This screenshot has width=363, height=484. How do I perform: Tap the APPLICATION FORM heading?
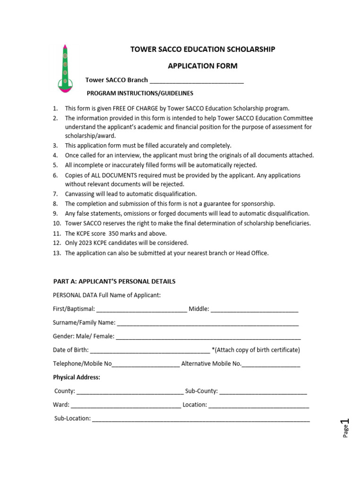pyautogui.click(x=203, y=66)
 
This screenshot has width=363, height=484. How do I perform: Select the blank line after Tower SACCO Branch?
pyautogui.click(x=197, y=81)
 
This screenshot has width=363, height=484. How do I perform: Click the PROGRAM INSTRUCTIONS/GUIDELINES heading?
pyautogui.click(x=140, y=93)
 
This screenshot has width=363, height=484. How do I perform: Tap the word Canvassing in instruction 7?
pyautogui.click(x=80, y=194)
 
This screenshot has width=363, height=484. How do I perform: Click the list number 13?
pyautogui.click(x=56, y=253)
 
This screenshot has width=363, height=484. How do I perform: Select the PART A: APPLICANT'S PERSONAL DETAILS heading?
pyautogui.click(x=114, y=281)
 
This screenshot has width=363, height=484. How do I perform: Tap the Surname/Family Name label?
pyautogui.click(x=84, y=322)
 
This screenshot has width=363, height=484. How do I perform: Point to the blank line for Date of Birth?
pyautogui.click(x=150, y=351)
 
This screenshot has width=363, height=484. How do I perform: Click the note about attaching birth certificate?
pyautogui.click(x=256, y=350)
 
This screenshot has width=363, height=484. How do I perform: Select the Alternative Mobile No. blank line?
pyautogui.click(x=271, y=364)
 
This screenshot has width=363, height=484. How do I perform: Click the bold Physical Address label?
pyautogui.click(x=77, y=377)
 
